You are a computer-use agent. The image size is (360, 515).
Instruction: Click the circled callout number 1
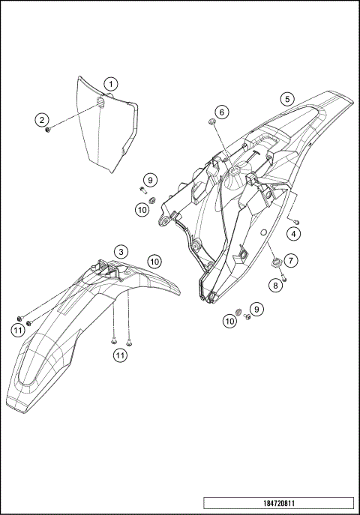pos(110,84)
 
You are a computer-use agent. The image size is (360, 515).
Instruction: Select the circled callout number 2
pos(43,119)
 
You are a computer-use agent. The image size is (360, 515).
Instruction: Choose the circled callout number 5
pos(287,98)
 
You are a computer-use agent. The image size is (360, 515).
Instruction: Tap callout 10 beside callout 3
pos(154,262)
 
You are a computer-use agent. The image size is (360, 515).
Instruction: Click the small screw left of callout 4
pos(295,222)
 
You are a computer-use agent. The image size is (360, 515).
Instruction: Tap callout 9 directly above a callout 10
pos(150,180)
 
